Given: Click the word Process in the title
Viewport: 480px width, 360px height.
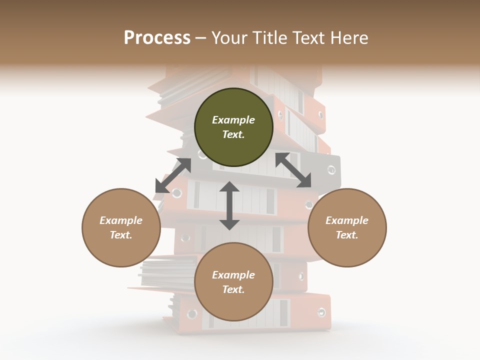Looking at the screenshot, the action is (x=157, y=38).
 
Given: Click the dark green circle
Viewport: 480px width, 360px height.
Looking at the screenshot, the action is (x=233, y=127).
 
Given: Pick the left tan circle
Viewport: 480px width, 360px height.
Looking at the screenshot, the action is (x=121, y=227).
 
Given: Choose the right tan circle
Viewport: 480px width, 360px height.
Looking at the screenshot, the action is (x=347, y=227).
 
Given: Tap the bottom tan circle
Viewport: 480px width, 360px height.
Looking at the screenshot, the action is (x=233, y=281).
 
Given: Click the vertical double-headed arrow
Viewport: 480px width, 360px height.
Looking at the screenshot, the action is (x=229, y=205).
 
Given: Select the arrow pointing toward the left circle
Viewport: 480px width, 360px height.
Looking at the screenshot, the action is (x=172, y=175).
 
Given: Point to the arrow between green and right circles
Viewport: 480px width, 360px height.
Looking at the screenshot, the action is (x=293, y=170).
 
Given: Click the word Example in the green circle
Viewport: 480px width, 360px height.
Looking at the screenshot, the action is (x=233, y=120).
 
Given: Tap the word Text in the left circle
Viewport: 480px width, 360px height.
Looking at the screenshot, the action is (x=120, y=235).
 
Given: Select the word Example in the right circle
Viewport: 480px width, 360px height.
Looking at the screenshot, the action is (x=347, y=220).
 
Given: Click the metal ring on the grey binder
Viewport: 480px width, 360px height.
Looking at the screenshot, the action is (x=331, y=169).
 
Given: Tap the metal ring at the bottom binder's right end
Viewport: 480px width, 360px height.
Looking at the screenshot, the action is (x=321, y=312).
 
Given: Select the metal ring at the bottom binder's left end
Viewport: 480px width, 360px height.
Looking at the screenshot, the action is (x=192, y=314).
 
